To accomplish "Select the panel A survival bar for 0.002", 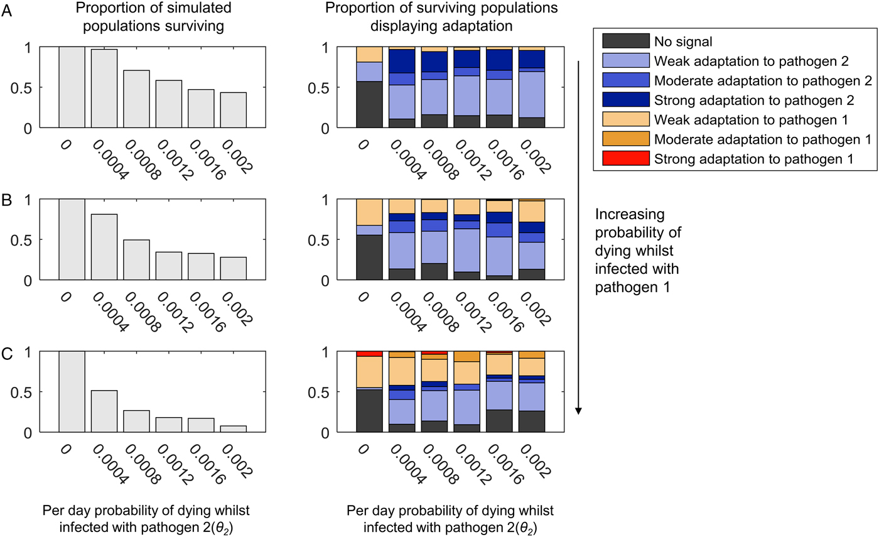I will (x=234, y=110).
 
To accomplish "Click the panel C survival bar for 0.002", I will (x=234, y=429).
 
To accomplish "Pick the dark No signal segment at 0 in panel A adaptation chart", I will (x=369, y=104).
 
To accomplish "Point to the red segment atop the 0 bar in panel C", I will (x=369, y=354).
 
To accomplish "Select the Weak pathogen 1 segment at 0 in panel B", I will (x=369, y=212).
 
